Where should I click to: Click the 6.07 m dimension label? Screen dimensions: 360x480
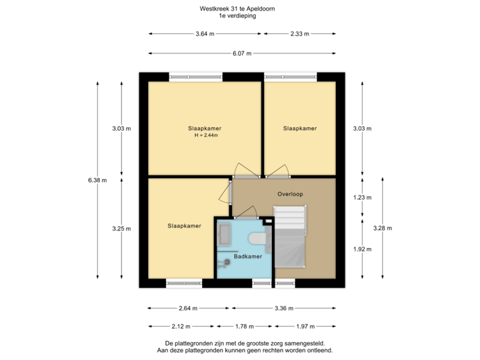click(x=241, y=53)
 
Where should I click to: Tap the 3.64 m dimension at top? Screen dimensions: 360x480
click(x=205, y=33)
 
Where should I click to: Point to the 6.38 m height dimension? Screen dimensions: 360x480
click(x=97, y=179)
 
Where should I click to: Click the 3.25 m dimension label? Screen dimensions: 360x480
click(x=121, y=229)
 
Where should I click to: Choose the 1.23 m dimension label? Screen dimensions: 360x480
click(x=362, y=197)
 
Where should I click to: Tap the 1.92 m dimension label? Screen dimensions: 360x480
click(x=362, y=249)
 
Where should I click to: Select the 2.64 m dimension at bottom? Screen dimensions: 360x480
click(x=188, y=308)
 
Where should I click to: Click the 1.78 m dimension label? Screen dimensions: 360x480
click(x=244, y=327)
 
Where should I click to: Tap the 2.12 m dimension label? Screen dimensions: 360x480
click(x=181, y=327)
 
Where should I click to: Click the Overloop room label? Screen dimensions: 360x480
click(x=290, y=194)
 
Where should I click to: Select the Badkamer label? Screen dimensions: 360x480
click(x=247, y=256)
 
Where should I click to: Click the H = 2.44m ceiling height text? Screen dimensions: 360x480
click(x=206, y=136)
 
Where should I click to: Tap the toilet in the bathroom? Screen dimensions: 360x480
click(x=256, y=239)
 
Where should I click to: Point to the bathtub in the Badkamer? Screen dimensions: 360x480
click(x=224, y=235)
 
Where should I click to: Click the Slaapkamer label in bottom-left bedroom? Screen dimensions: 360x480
click(x=185, y=227)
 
